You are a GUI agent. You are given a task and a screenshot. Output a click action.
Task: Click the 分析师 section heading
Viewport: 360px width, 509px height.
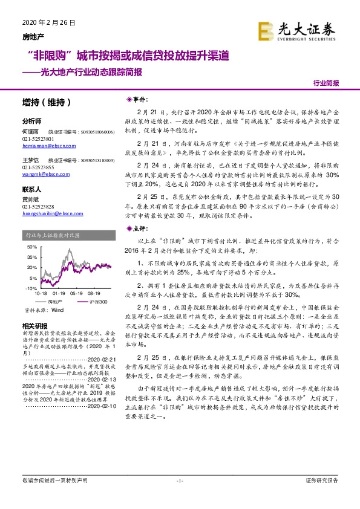(31, 121)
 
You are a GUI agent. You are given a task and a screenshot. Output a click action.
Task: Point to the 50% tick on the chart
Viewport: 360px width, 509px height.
(31, 247)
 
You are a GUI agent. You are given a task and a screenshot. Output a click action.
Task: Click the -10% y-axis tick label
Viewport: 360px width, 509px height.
(31, 289)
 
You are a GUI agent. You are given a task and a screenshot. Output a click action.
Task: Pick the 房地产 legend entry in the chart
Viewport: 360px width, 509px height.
(54, 301)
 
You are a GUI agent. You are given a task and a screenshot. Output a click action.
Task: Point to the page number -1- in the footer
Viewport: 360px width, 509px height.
(179, 498)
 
